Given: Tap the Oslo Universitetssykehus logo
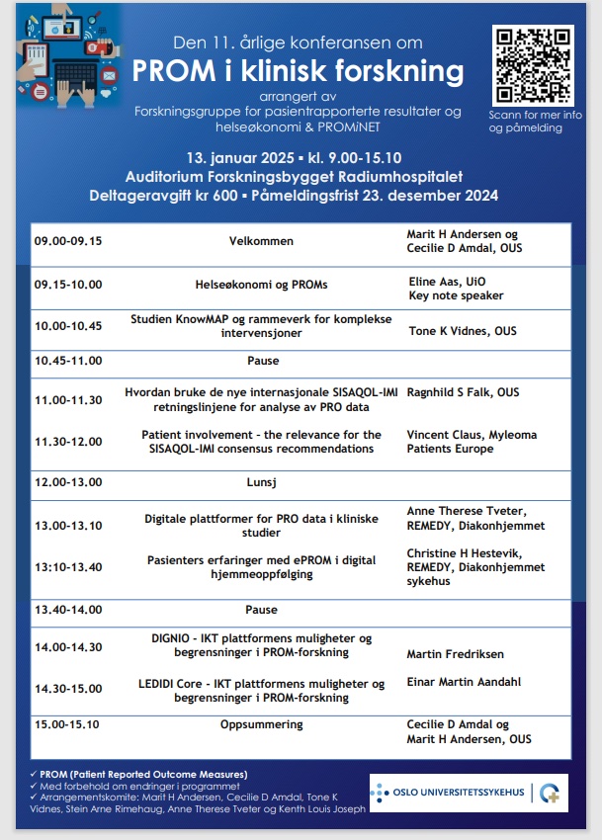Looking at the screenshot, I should [x=468, y=793].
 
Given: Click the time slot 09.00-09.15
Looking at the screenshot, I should [x=68, y=240].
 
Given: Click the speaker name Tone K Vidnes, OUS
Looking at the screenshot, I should [x=463, y=331].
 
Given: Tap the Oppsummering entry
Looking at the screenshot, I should [x=262, y=724].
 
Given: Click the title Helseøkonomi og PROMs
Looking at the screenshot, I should [x=262, y=285].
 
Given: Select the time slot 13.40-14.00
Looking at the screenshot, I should [x=68, y=610].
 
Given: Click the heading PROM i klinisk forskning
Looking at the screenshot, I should [x=298, y=71].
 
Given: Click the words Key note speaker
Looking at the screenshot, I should [x=456, y=295].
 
